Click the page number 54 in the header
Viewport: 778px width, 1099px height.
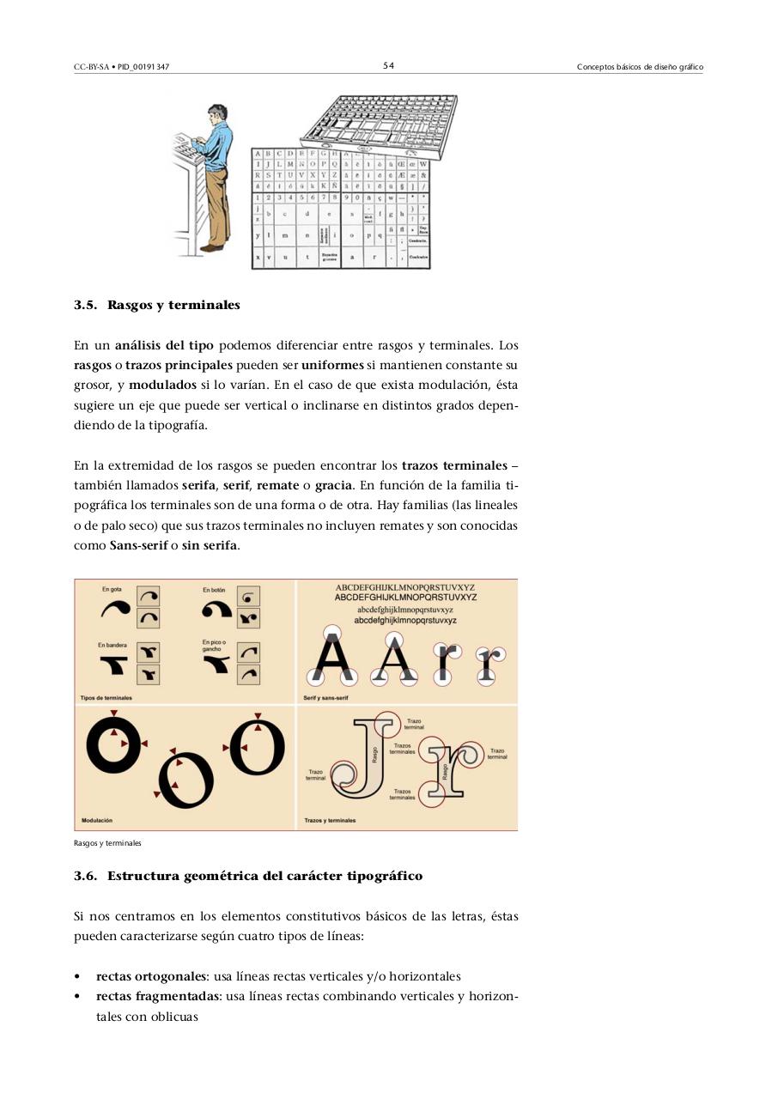click(x=389, y=66)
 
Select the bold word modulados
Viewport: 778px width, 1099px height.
click(x=162, y=386)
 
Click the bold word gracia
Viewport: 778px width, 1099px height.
click(x=333, y=486)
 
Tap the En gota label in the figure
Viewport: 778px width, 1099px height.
click(x=112, y=589)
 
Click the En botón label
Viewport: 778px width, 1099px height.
click(x=214, y=590)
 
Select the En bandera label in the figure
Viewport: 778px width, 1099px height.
click(x=113, y=644)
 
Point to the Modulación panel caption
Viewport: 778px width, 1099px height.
click(x=97, y=821)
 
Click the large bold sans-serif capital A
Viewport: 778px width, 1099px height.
click(x=333, y=659)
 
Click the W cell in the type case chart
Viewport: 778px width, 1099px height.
click(x=423, y=164)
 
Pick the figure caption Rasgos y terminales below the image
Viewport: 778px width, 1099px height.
click(x=107, y=843)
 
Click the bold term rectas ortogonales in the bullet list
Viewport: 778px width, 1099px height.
click(x=151, y=977)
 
